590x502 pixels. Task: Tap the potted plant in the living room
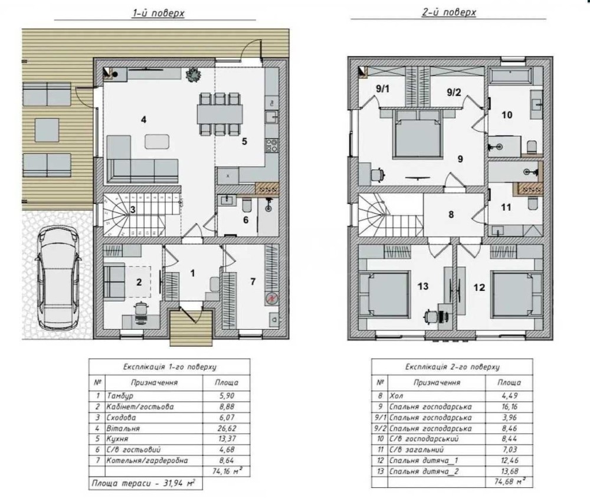[x=194, y=74]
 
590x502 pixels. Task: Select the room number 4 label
[x=143, y=120]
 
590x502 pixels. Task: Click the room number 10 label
[x=507, y=115]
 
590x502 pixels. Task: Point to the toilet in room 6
[x=247, y=205]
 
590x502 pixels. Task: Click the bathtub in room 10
[x=510, y=75]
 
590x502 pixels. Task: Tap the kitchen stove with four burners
[x=271, y=145]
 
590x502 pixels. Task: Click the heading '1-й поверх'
[x=158, y=13]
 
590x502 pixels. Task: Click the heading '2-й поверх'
[x=449, y=12]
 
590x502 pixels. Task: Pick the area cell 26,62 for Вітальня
[x=226, y=428]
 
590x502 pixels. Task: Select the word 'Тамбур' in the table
[x=120, y=395]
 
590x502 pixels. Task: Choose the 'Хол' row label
[x=396, y=395]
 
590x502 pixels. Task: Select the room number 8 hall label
[x=451, y=215]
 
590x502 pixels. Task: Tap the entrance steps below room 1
[x=191, y=327]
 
